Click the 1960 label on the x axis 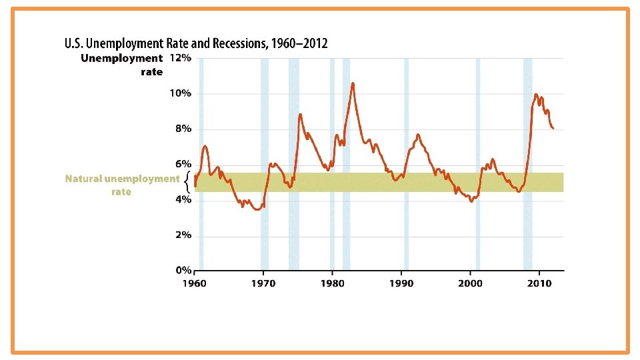pyautogui.click(x=194, y=283)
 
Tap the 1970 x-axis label pyautogui.click(x=263, y=283)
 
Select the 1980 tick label pyautogui.click(x=332, y=283)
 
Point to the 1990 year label pyautogui.click(x=401, y=283)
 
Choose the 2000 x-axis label pyautogui.click(x=470, y=283)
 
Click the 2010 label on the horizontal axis pyautogui.click(x=539, y=283)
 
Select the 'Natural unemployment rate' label pyautogui.click(x=122, y=185)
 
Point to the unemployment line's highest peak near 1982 pyautogui.click(x=353, y=83)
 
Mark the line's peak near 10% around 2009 pyautogui.click(x=535, y=95)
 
